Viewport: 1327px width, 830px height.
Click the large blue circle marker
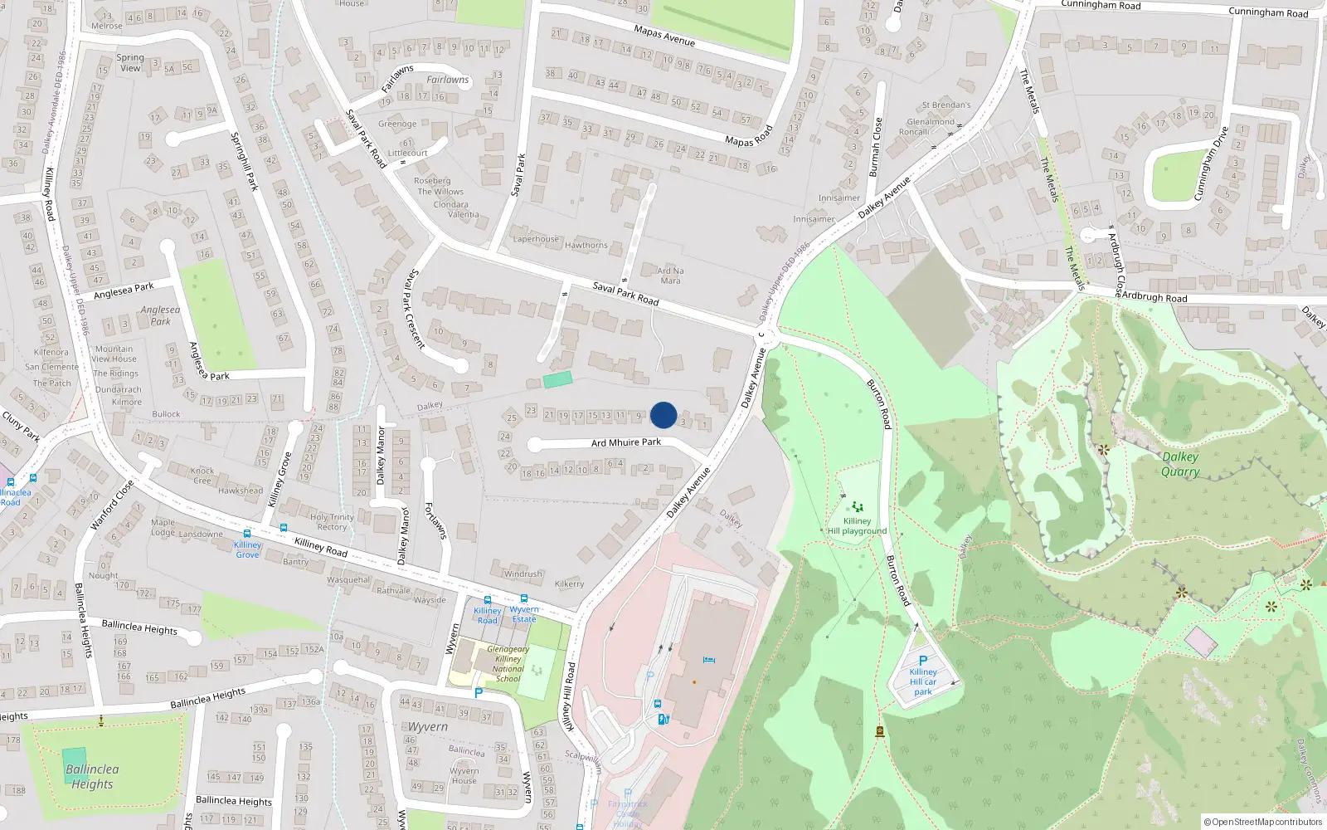(663, 415)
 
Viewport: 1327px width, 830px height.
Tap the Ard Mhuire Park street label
(625, 442)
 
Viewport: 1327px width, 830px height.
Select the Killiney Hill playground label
(857, 526)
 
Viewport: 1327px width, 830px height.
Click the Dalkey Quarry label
(1179, 464)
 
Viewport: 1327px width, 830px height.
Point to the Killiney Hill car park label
(922, 681)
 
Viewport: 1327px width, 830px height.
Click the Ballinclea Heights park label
(92, 776)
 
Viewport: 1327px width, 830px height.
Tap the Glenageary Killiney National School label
(508, 664)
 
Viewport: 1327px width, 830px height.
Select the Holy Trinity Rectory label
(332, 522)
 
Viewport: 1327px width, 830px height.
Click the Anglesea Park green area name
(161, 315)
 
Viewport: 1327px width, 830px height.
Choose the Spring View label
(130, 63)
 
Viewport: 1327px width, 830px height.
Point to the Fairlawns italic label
(448, 80)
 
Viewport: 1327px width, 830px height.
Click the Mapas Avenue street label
(664, 36)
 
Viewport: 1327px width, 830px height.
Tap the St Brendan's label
(945, 105)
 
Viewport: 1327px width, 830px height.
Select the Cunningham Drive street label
(1210, 164)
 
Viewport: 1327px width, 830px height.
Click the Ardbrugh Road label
(1154, 296)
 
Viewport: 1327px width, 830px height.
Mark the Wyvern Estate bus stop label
(523, 614)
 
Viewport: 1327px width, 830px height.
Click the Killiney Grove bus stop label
(247, 549)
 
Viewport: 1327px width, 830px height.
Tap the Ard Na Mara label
(670, 276)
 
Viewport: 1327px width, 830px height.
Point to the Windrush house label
(523, 574)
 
